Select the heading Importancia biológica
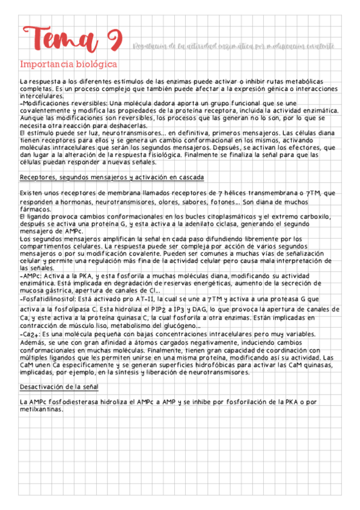coord(69,64)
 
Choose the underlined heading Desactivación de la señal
coord(59,386)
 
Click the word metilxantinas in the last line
coord(41,409)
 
